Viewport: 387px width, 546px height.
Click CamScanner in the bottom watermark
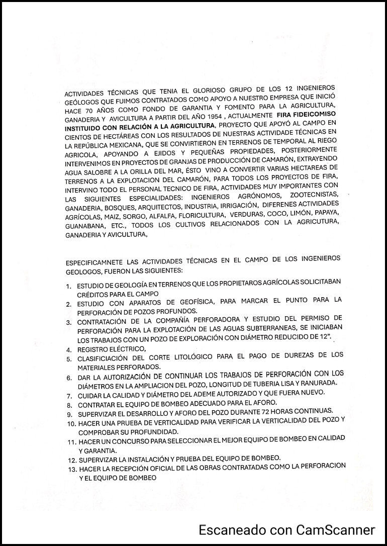pos(336,529)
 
